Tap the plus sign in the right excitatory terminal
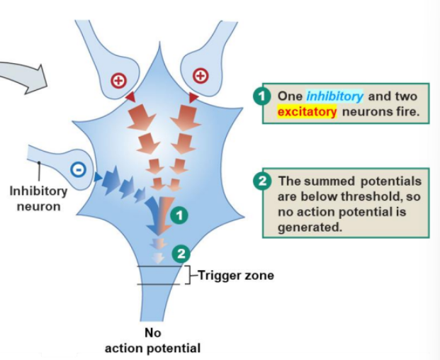(x=201, y=75)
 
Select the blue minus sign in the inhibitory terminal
(x=79, y=169)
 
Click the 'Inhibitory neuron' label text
(x=38, y=198)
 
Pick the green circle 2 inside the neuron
(x=181, y=253)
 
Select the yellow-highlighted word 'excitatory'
(x=307, y=111)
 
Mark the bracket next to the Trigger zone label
(x=188, y=275)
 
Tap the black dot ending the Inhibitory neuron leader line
(x=40, y=164)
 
